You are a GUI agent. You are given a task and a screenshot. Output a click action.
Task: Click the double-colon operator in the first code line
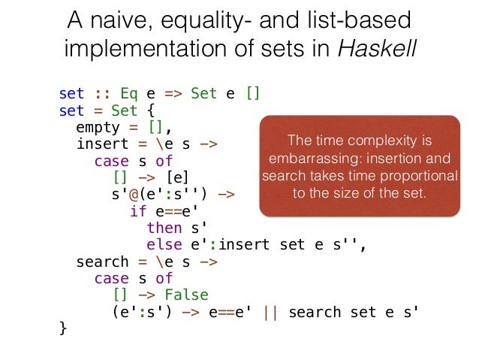pyautogui.click(x=99, y=95)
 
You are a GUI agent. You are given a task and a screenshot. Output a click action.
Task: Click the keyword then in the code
pyautogui.click(x=164, y=227)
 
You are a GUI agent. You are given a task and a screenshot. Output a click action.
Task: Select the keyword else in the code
pyautogui.click(x=164, y=244)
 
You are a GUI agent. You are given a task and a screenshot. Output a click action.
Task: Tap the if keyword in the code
pyautogui.click(x=138, y=211)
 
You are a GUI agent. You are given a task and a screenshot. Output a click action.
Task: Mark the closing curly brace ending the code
pyautogui.click(x=63, y=328)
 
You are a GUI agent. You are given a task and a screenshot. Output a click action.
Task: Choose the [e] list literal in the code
pyautogui.click(x=178, y=177)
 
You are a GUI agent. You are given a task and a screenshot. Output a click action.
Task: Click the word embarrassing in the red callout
pyautogui.click(x=306, y=159)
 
